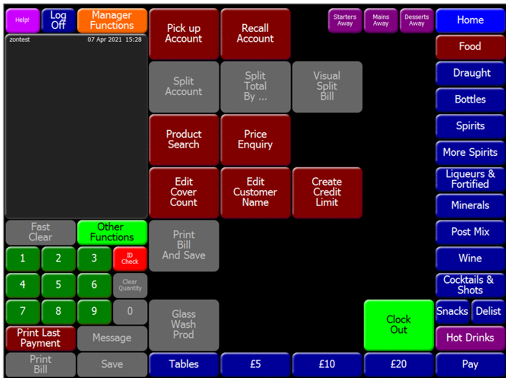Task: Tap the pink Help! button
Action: pyautogui.click(x=22, y=20)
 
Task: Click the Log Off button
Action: pyautogui.click(x=58, y=20)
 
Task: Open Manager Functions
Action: pyautogui.click(x=112, y=20)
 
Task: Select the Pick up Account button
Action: pyautogui.click(x=183, y=34)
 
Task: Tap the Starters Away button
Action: pyautogui.click(x=345, y=20)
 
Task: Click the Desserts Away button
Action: pyautogui.click(x=417, y=20)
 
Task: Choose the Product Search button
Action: pyautogui.click(x=183, y=140)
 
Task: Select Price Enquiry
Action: pyautogui.click(x=255, y=140)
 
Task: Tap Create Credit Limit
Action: pyautogui.click(x=327, y=192)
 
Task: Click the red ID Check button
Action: pyautogui.click(x=130, y=259)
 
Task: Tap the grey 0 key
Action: pyautogui.click(x=130, y=311)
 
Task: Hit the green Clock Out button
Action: pyautogui.click(x=399, y=325)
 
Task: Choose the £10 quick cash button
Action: pyautogui.click(x=327, y=365)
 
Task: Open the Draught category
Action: pyautogui.click(x=470, y=73)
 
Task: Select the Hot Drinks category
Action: pyautogui.click(x=470, y=338)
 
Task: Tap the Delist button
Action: pyautogui.click(x=488, y=311)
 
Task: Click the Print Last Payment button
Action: pyautogui.click(x=40, y=338)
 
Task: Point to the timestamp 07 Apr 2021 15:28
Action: pyautogui.click(x=114, y=40)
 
